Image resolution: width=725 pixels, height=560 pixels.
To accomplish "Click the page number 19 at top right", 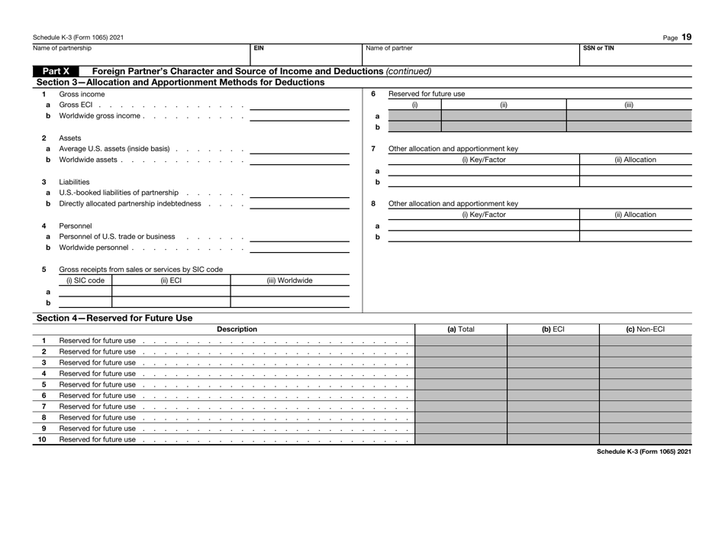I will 686,36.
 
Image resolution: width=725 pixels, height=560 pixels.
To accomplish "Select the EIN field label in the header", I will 259,47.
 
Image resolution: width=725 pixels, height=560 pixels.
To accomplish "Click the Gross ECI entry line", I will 298,105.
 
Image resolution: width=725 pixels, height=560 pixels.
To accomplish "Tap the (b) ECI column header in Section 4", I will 553,329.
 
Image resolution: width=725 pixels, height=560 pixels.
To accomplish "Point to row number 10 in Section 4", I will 44,439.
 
